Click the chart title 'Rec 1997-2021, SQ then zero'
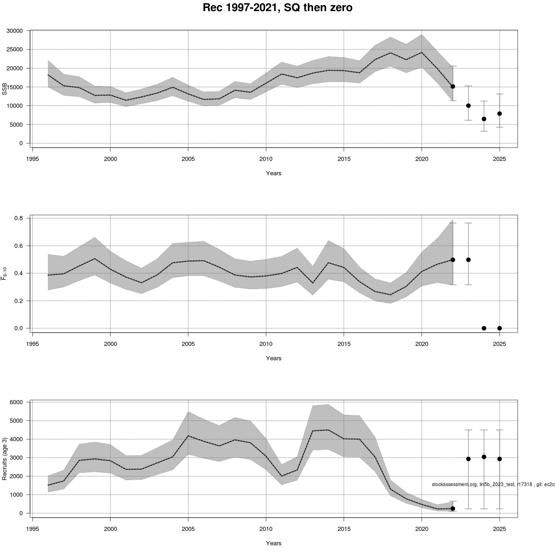click(277, 8)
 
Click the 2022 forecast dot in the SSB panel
click(453, 86)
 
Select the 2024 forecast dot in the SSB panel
click(484, 119)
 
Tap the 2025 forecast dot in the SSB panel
click(499, 114)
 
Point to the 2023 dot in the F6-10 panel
click(469, 260)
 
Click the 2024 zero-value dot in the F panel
click(484, 328)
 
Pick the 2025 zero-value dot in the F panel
click(499, 328)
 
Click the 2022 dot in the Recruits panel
click(453, 508)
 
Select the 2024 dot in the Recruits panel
click(484, 457)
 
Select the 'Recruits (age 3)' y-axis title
click(5, 458)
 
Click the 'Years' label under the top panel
click(274, 173)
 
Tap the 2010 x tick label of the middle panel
click(265, 344)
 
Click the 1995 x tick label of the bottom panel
click(32, 529)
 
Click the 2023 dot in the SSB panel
click(469, 105)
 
